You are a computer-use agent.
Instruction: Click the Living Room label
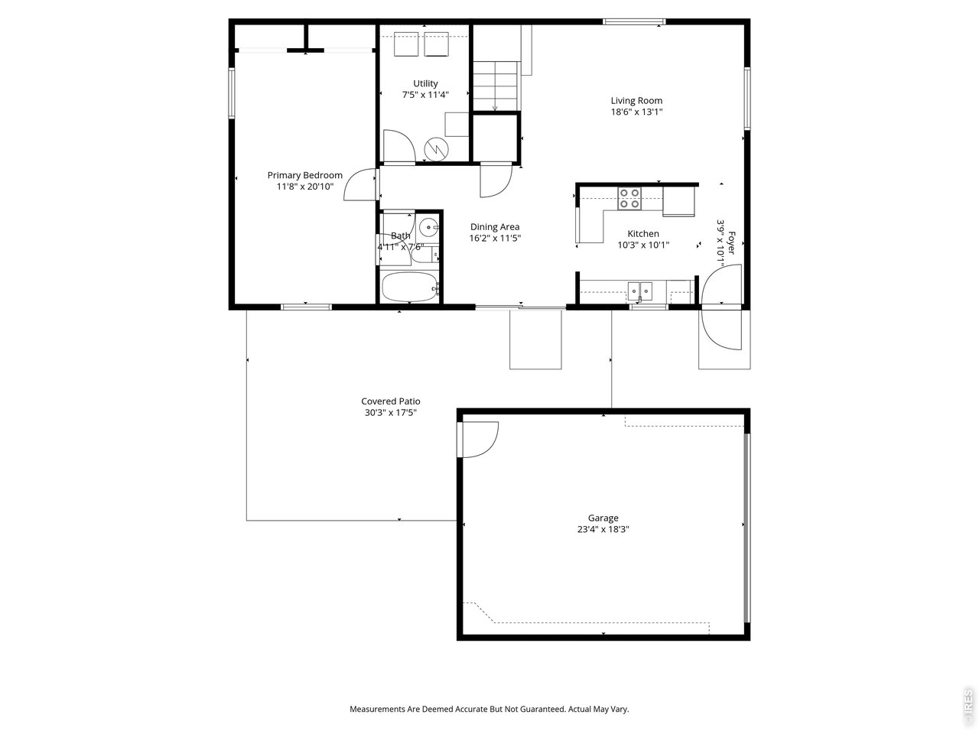[x=636, y=101]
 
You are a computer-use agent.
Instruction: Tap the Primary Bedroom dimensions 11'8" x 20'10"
[x=305, y=187]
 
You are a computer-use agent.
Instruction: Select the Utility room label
[x=425, y=83]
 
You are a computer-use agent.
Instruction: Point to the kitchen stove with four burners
[x=629, y=198]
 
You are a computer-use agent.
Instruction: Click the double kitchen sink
[x=640, y=291]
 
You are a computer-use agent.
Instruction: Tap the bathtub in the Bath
[x=409, y=287]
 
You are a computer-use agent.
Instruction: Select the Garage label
[x=603, y=518]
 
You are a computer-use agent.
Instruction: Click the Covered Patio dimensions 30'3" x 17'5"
[x=391, y=413]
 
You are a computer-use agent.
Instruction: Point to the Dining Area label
[x=495, y=227]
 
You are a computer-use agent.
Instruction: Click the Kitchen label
[x=643, y=233]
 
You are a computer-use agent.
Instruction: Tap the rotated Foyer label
[x=731, y=243]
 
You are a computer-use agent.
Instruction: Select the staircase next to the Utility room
[x=496, y=86]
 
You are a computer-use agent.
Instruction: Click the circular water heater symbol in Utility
[x=436, y=149]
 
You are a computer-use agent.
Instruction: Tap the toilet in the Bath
[x=424, y=254]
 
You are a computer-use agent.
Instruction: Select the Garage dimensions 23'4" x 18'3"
[x=603, y=529]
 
